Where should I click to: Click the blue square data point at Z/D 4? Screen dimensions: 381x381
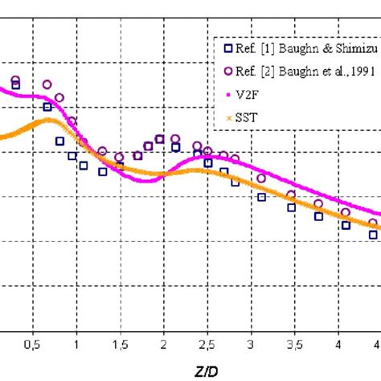[x=346, y=225]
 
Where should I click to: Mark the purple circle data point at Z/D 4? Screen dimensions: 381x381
[x=346, y=213]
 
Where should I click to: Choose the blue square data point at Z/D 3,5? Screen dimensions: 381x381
[x=291, y=208]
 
